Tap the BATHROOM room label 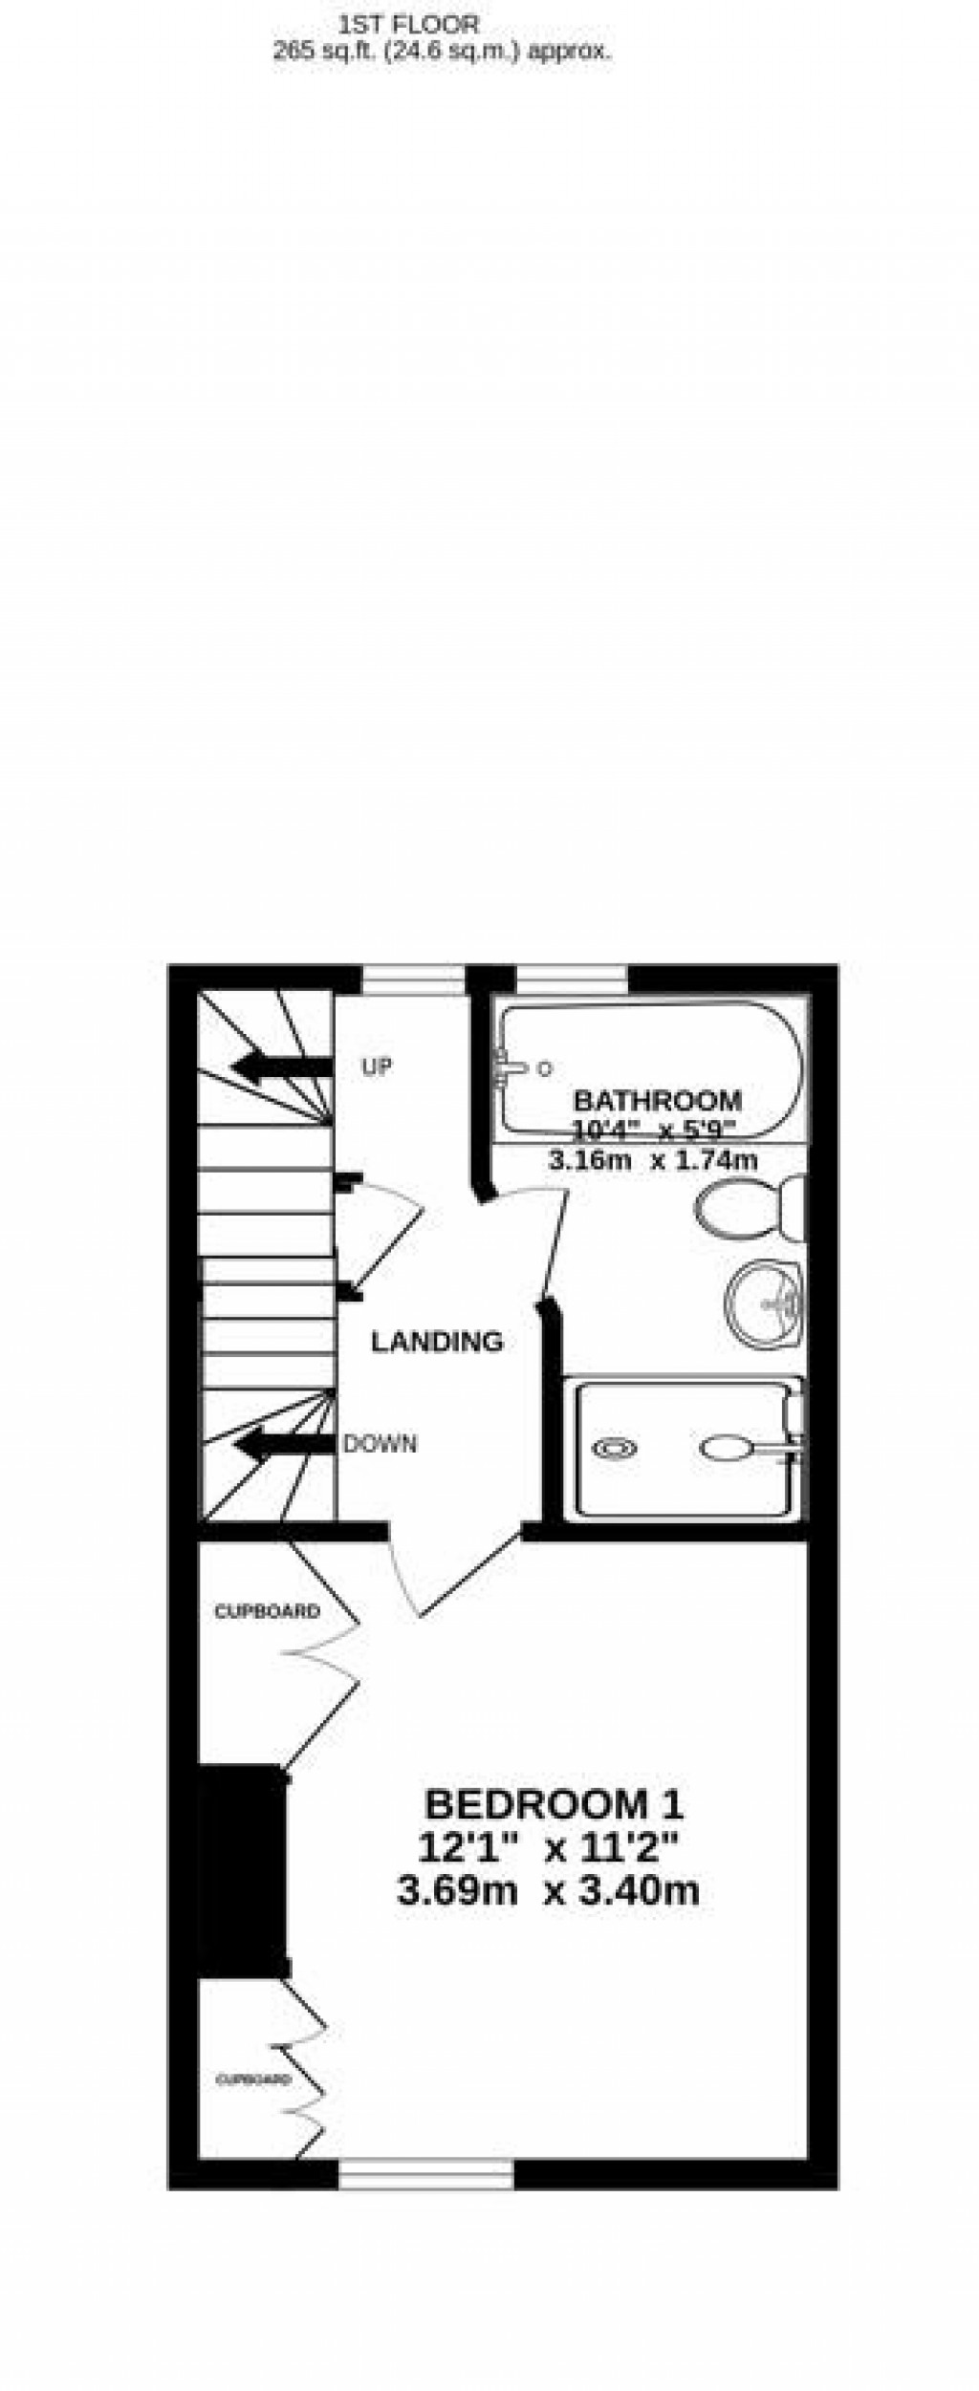coord(658,1099)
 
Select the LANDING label coord(437,1342)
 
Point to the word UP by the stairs coord(377,1066)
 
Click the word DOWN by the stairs coord(381,1443)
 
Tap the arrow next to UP coord(282,1066)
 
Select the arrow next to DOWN coord(284,1444)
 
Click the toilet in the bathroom coord(751,1208)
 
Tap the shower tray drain coord(616,1449)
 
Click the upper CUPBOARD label coord(267,1612)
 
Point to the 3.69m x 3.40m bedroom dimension coord(548,1891)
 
